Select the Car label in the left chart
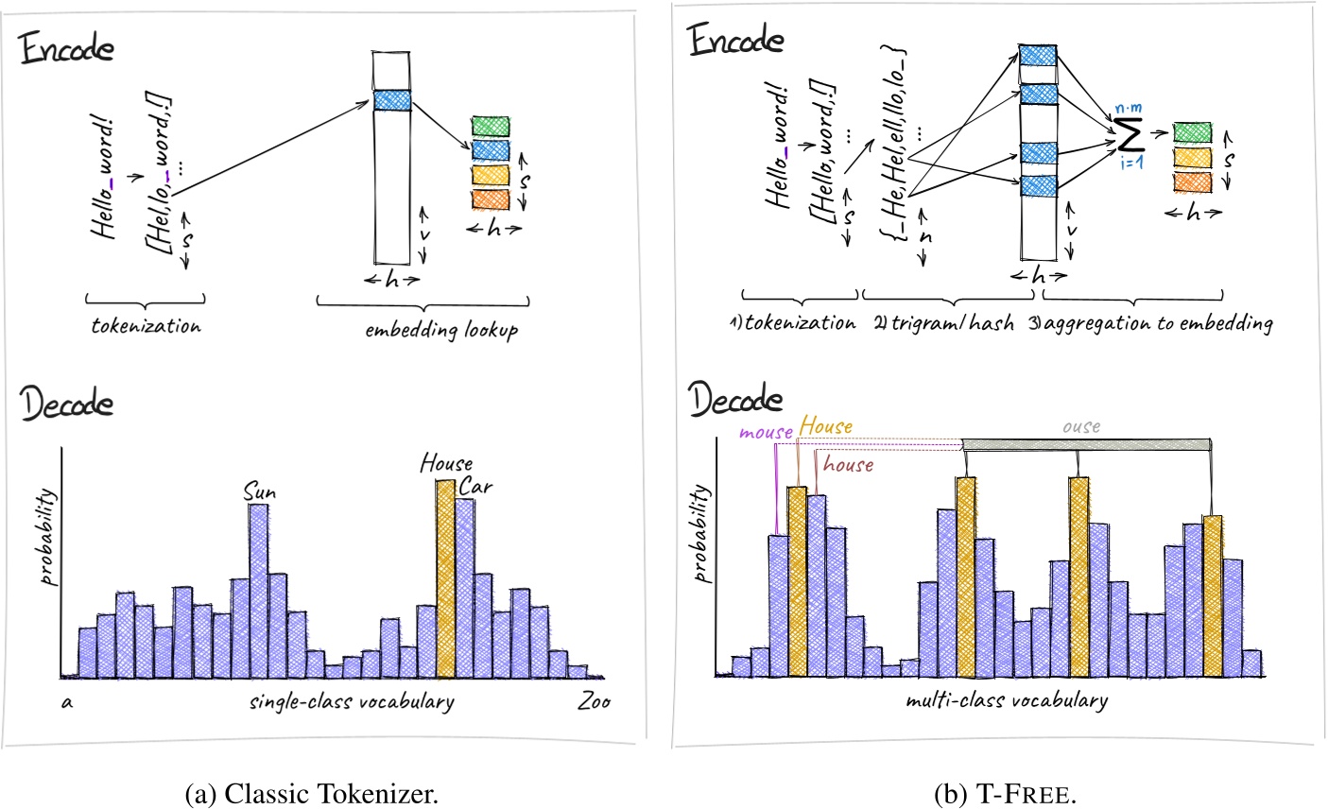[x=475, y=488]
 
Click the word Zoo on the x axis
[x=593, y=701]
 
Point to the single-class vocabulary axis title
[x=352, y=702]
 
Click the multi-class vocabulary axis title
[x=1006, y=700]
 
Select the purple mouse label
[x=766, y=432]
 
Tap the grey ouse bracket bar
[x=1086, y=444]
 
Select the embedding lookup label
[x=441, y=331]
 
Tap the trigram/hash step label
[x=942, y=323]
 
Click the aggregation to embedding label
[x=1150, y=323]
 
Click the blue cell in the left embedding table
[x=391, y=99]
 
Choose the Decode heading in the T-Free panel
[x=736, y=400]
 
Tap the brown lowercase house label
[x=848, y=464]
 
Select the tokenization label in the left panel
[x=147, y=326]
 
